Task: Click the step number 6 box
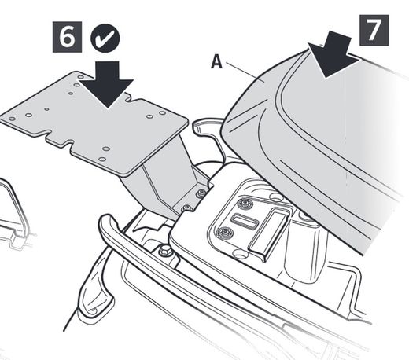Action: click(67, 37)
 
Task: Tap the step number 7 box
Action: click(374, 30)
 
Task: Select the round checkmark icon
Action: click(105, 39)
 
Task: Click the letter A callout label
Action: click(216, 62)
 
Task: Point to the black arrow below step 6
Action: click(108, 84)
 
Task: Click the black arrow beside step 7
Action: click(332, 53)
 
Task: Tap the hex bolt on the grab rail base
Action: click(165, 250)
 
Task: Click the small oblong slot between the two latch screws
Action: click(245, 219)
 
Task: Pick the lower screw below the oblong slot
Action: click(225, 233)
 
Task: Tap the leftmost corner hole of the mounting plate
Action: click(12, 119)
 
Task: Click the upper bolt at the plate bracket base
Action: click(201, 193)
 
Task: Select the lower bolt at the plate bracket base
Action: click(186, 208)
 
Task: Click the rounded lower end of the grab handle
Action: click(93, 309)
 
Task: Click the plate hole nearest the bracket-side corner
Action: click(163, 113)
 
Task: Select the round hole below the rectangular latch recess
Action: click(239, 253)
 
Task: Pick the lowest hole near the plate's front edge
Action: click(102, 159)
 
